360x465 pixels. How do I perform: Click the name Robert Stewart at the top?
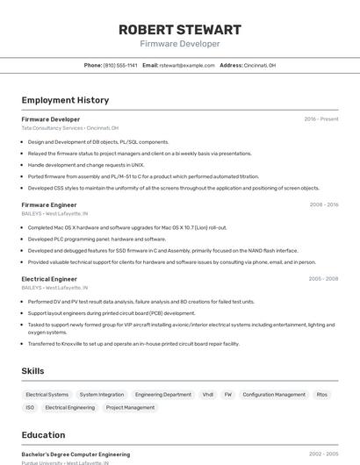pos(180,30)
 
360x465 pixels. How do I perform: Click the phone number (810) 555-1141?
pos(120,65)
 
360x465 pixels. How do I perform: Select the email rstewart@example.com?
pos(186,65)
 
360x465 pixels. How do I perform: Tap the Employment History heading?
pos(65,100)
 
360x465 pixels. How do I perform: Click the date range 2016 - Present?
pos(320,118)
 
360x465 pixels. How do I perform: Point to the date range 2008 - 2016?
pos(323,204)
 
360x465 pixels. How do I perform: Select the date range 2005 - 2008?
pos(323,279)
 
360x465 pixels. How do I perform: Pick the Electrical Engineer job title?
pos(49,279)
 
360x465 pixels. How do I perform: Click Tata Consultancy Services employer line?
pos(70,127)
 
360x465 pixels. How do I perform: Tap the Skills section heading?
pos(32,371)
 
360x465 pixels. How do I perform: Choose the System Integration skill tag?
pos(102,395)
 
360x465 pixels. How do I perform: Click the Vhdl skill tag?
pos(208,395)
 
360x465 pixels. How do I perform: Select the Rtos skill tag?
pos(322,395)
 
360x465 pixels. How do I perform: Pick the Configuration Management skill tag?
pos(274,395)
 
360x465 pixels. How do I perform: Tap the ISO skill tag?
pos(30,408)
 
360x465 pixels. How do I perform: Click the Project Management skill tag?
pos(130,408)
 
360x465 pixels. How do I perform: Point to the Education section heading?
pos(43,434)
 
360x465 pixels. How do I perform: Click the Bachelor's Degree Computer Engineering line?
pos(76,454)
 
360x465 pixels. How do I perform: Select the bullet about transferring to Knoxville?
pos(133,344)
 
